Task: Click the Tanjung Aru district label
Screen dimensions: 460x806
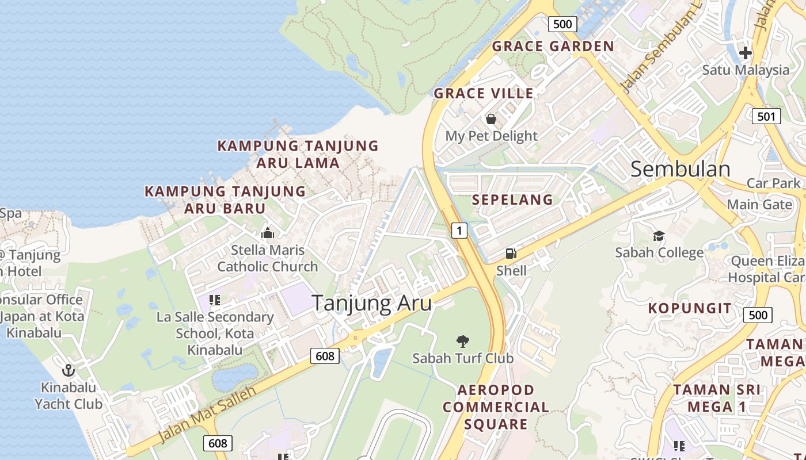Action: pos(372,303)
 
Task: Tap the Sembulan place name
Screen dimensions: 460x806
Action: pos(680,169)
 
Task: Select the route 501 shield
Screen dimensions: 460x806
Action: pos(766,116)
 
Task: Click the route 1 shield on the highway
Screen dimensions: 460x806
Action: pos(459,231)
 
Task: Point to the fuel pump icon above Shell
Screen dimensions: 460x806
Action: pos(511,253)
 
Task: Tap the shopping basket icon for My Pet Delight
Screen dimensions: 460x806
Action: pos(491,119)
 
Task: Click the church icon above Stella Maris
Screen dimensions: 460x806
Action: pos(268,233)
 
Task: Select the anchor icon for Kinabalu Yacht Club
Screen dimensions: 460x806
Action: pos(69,370)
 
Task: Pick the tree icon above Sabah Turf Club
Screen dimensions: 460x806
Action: pos(462,342)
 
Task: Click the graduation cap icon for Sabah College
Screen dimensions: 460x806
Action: pos(659,236)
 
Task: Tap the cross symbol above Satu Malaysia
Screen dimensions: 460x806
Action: pos(746,53)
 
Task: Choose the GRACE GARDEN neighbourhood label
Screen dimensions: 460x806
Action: pos(553,46)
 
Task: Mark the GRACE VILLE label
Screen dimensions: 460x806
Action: pos(484,93)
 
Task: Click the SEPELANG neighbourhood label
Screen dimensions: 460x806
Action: pos(512,200)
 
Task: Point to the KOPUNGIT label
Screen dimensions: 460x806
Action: pos(690,308)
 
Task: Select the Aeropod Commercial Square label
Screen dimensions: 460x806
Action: pos(496,407)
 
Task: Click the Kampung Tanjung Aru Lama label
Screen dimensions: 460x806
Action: pos(298,154)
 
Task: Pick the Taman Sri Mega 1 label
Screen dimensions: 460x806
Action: pos(717,398)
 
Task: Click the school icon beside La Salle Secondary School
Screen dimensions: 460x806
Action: pos(215,300)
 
